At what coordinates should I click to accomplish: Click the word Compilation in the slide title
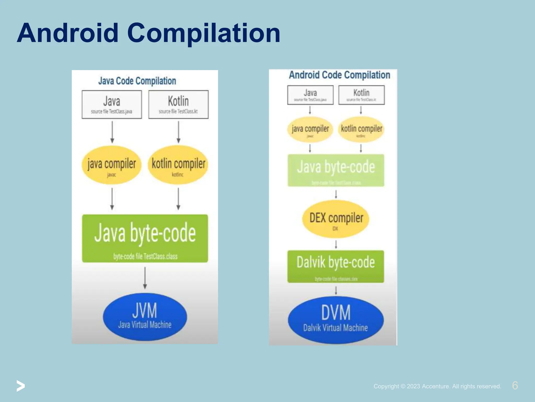point(204,33)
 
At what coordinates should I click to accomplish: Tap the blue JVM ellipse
point(145,317)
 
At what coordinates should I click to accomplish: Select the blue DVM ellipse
point(336,320)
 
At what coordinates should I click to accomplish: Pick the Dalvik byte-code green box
point(336,266)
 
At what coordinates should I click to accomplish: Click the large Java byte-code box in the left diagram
point(145,238)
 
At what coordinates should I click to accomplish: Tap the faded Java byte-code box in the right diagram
point(336,170)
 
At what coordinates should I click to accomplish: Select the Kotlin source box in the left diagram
point(178,104)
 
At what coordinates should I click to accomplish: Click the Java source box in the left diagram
point(112,104)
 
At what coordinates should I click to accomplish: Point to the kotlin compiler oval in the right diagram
point(361,130)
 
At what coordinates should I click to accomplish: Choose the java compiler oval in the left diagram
point(112,165)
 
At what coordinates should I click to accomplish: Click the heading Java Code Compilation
point(137,81)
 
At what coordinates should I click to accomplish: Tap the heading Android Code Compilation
point(339,75)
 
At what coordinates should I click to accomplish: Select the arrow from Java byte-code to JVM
point(145,277)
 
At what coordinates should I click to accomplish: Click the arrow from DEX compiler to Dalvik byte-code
point(336,244)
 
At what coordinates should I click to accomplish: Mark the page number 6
point(515,386)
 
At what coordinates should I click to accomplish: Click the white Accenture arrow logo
point(21,386)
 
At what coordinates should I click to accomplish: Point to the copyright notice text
point(437,386)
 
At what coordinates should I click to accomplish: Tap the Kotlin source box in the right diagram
point(361,95)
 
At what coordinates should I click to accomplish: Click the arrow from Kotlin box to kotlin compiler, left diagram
point(178,132)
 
